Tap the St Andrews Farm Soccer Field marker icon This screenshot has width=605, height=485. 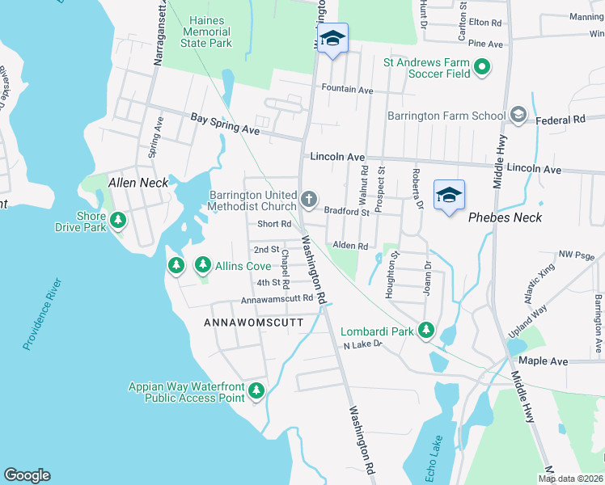click(x=483, y=67)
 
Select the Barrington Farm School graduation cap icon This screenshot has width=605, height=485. click(x=518, y=116)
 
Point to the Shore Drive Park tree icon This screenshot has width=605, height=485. click(x=118, y=220)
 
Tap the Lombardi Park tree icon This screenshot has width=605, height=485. click(x=426, y=331)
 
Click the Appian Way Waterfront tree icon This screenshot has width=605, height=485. click(x=256, y=391)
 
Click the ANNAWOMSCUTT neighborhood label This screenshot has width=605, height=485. click(x=253, y=323)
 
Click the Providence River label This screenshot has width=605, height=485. click(x=42, y=314)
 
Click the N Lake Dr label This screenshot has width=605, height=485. click(x=362, y=345)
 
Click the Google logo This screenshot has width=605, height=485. click(x=27, y=475)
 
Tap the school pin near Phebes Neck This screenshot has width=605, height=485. click(x=449, y=196)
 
